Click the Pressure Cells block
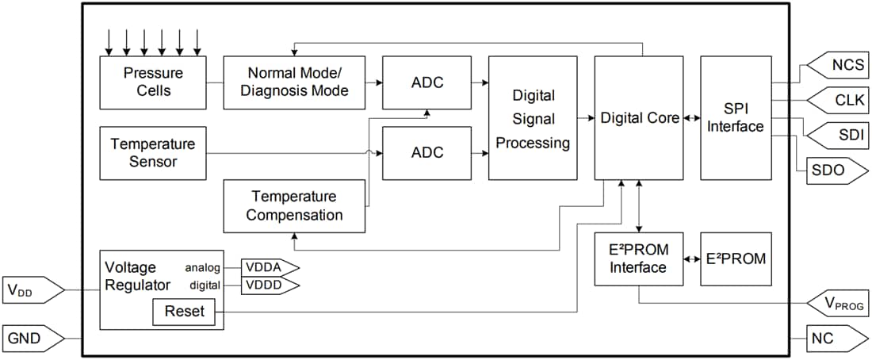pyautogui.click(x=152, y=82)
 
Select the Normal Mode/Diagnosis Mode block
pyautogui.click(x=294, y=82)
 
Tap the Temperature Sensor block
pyautogui.click(x=152, y=152)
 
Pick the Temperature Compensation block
pyautogui.click(x=294, y=205)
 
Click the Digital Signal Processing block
pyautogui.click(x=533, y=118)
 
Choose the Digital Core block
pyautogui.click(x=640, y=118)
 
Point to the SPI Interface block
pyautogui.click(x=735, y=118)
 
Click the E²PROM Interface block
pyautogui.click(x=638, y=259)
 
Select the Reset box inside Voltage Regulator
pyautogui.click(x=184, y=312)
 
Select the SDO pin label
pyautogui.click(x=827, y=168)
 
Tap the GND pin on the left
pyautogui.click(x=32, y=339)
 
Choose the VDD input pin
pyautogui.click(x=32, y=290)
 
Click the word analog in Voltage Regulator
pyautogui.click(x=202, y=267)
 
